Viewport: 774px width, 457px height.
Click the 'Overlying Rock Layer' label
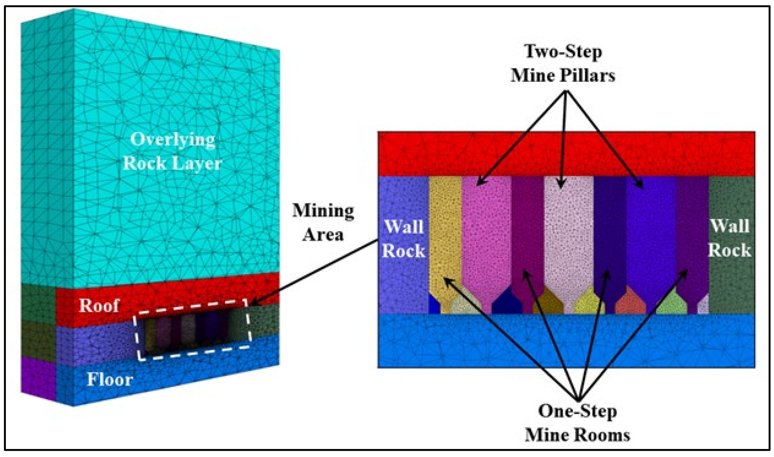[172, 152]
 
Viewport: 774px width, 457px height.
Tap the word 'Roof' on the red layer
[99, 305]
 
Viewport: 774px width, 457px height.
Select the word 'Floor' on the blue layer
[110, 380]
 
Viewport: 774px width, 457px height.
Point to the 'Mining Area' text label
[323, 222]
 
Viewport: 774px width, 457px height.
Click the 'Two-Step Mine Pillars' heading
[563, 63]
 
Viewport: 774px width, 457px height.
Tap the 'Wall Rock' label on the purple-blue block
[404, 239]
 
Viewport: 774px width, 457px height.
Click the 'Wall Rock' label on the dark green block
[730, 238]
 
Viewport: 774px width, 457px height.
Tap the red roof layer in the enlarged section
[566, 154]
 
